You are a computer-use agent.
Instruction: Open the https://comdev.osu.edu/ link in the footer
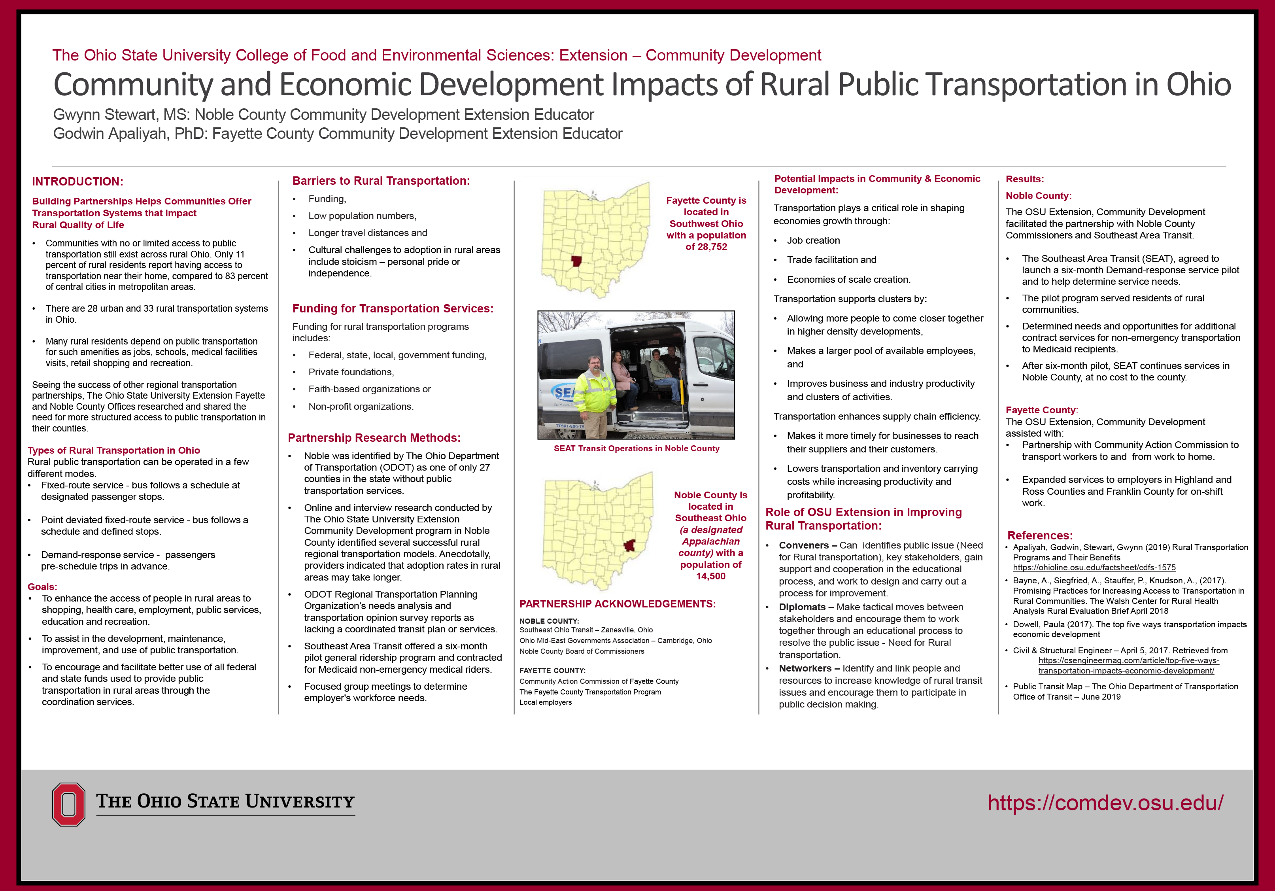point(1105,803)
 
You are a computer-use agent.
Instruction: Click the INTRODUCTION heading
point(77,182)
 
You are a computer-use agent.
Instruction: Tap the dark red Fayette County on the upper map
point(576,261)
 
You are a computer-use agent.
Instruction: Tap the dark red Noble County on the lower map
point(629,545)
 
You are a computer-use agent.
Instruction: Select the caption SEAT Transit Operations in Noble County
point(637,448)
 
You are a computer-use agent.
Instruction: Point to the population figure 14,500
point(710,576)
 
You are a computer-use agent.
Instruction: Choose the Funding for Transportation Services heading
point(393,308)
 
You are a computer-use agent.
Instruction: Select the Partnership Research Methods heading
point(374,438)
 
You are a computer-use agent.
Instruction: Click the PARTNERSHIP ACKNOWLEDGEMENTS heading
point(618,604)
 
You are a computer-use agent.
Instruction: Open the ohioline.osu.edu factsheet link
point(1094,568)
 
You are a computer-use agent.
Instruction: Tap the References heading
point(1039,535)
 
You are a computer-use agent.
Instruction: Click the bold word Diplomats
point(802,607)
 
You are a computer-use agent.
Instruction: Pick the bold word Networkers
point(805,668)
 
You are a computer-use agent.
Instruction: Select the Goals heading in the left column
point(42,586)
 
